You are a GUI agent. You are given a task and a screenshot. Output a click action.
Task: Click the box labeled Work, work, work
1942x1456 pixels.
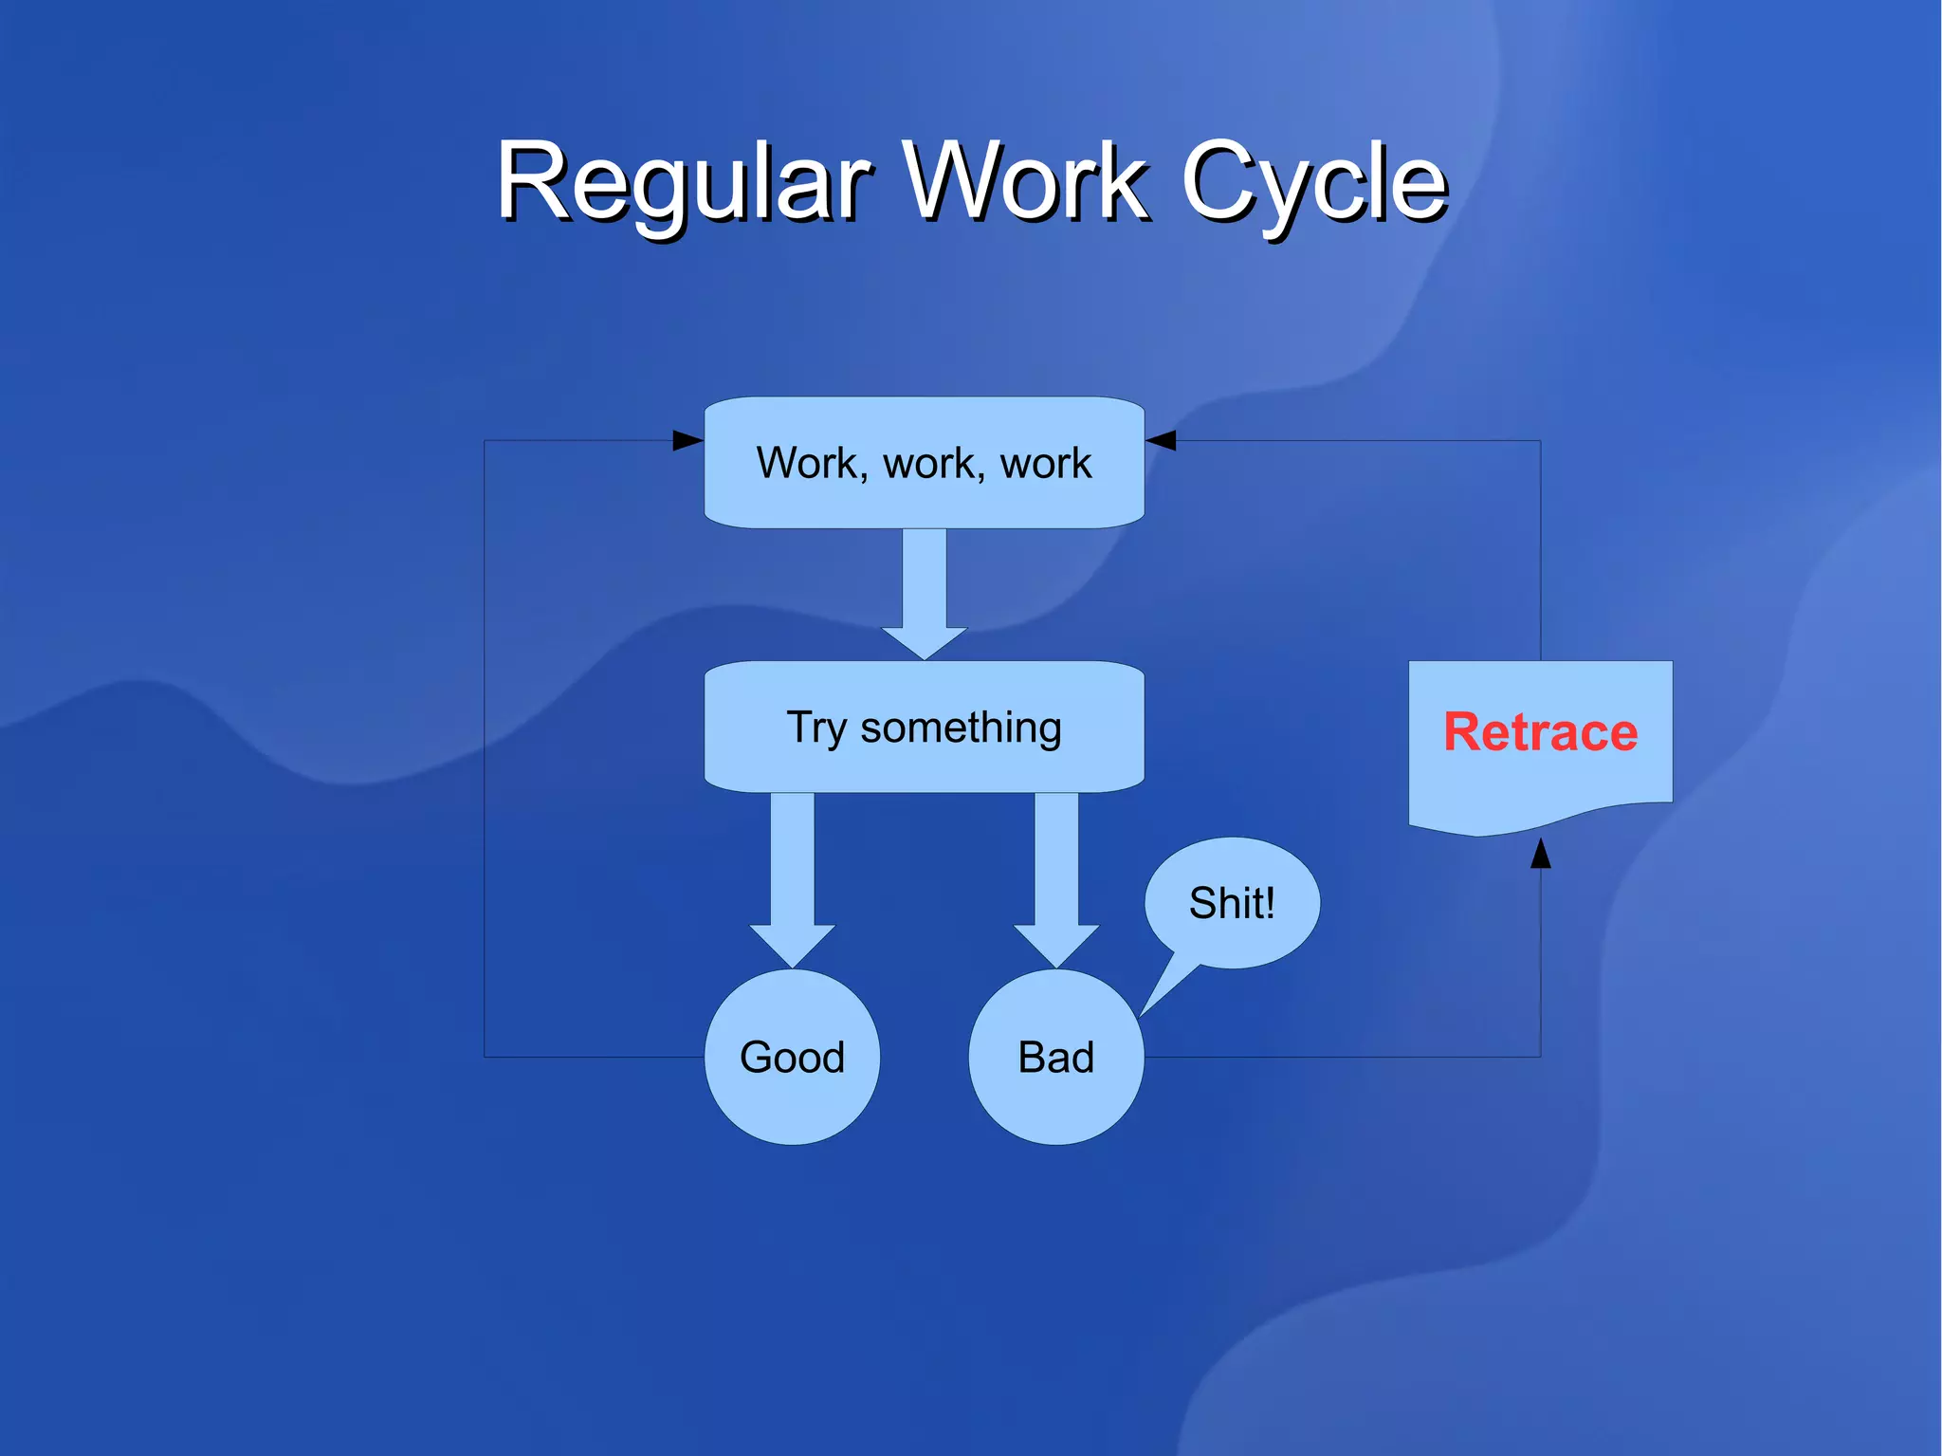point(924,462)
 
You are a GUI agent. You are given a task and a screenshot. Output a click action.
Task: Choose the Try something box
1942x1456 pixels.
point(924,728)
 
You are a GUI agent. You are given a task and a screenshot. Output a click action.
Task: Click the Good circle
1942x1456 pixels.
point(792,1057)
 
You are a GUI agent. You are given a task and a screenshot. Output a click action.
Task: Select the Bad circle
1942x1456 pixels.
point(1055,1057)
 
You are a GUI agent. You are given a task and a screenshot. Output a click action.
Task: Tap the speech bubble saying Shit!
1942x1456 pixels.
point(1232,902)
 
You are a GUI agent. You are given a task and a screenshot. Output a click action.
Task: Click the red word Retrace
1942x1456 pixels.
point(1540,731)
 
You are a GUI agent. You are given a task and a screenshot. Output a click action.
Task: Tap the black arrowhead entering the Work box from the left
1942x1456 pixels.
point(687,440)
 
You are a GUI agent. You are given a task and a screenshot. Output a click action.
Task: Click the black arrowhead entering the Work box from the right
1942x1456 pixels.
point(1161,440)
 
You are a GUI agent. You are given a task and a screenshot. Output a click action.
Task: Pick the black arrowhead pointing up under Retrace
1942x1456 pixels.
point(1541,854)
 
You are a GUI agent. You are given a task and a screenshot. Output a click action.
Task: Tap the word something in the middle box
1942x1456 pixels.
point(960,728)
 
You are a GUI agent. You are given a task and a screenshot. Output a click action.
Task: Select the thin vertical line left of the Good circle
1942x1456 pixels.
point(485,759)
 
